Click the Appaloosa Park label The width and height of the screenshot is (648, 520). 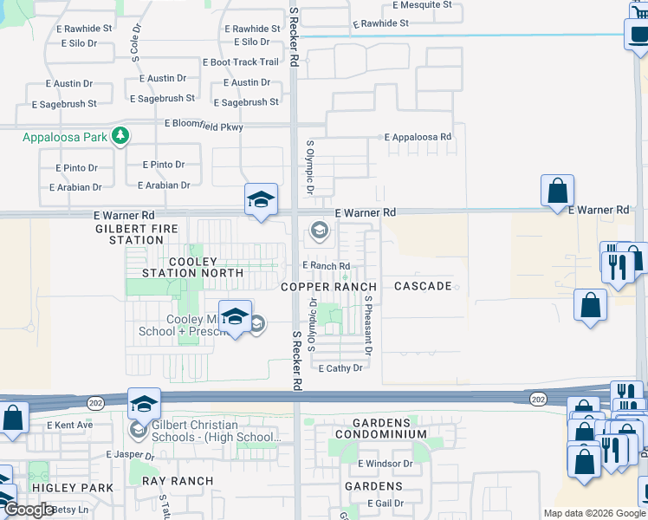pos(66,137)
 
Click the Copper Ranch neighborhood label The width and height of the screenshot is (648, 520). pos(328,287)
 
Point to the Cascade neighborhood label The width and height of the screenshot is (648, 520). pos(423,286)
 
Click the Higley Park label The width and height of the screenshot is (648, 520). pos(73,488)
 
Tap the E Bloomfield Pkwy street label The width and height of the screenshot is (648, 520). pos(204,127)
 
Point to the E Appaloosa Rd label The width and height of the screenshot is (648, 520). pos(418,137)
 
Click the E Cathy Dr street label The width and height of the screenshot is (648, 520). pos(340,368)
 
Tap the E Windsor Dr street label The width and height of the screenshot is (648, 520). pos(383,464)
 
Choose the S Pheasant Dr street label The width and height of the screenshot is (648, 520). pos(367,325)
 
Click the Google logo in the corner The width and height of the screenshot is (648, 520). pos(29,510)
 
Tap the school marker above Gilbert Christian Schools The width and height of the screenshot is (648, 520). pos(145,403)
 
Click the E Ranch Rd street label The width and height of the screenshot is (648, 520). pos(326,266)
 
